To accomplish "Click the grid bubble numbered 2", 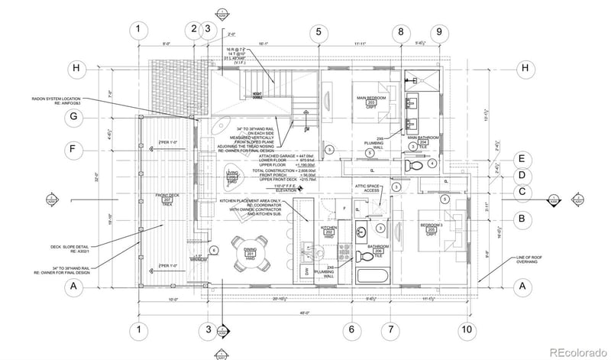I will click(x=194, y=30).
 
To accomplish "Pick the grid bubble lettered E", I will click(x=522, y=158).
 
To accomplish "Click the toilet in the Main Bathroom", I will click(x=415, y=164).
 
